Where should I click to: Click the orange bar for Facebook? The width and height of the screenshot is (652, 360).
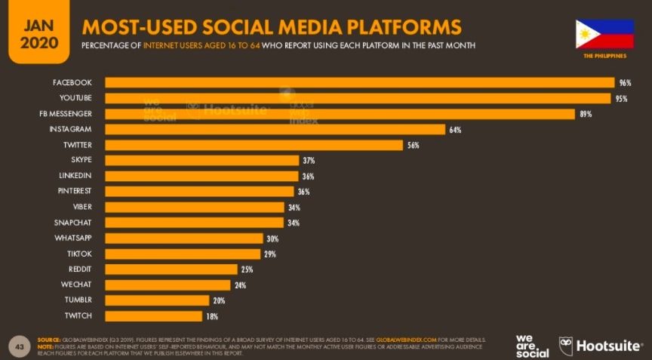(359, 82)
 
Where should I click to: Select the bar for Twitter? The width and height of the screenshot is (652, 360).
(254, 145)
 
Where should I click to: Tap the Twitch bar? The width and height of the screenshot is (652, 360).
(153, 316)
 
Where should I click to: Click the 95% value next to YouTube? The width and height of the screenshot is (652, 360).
(621, 98)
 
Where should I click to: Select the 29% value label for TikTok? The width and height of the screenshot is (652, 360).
(269, 254)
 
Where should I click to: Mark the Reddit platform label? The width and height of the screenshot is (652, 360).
(79, 269)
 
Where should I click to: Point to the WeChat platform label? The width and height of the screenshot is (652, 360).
(77, 285)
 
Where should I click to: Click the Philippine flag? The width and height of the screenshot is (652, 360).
(604, 34)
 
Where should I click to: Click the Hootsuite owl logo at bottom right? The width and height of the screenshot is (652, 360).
(566, 345)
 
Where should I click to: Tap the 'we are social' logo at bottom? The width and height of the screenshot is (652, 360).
(532, 345)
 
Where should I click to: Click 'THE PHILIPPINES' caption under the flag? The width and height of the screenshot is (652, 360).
(604, 57)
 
